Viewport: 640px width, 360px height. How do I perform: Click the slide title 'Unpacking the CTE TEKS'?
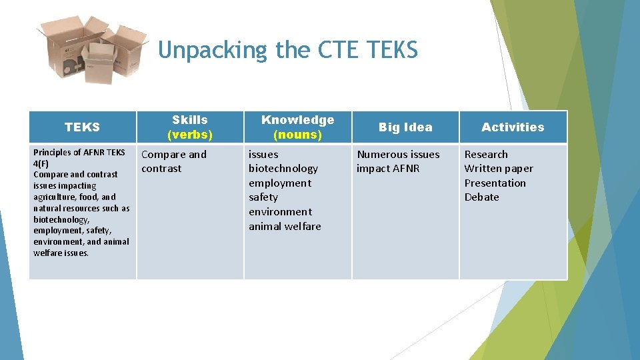288,50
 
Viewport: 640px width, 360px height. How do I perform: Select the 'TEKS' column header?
83,127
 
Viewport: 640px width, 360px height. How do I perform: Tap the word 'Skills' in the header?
190,120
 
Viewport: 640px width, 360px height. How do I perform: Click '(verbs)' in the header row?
190,135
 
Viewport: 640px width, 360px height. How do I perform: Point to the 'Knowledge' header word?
297,120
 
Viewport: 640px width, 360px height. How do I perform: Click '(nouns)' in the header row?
297,135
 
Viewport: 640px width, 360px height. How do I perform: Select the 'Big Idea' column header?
405,127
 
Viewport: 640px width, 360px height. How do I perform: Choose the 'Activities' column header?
513,127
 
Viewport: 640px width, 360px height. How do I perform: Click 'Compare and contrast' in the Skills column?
174,161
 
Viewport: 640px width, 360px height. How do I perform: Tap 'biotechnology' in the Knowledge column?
283,169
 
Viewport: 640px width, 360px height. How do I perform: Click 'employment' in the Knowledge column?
280,183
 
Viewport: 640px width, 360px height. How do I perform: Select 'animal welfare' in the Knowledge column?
285,226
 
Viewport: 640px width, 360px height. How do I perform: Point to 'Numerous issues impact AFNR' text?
398,161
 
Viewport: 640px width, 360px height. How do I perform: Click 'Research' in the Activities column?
486,155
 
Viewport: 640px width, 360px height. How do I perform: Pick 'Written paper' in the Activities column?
499,169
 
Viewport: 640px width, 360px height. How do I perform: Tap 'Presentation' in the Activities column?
495,183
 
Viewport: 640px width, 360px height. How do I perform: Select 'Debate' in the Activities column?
481,197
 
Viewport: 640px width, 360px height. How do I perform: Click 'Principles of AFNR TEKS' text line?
79,152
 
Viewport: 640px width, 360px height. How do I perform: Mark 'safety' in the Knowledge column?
263,197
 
